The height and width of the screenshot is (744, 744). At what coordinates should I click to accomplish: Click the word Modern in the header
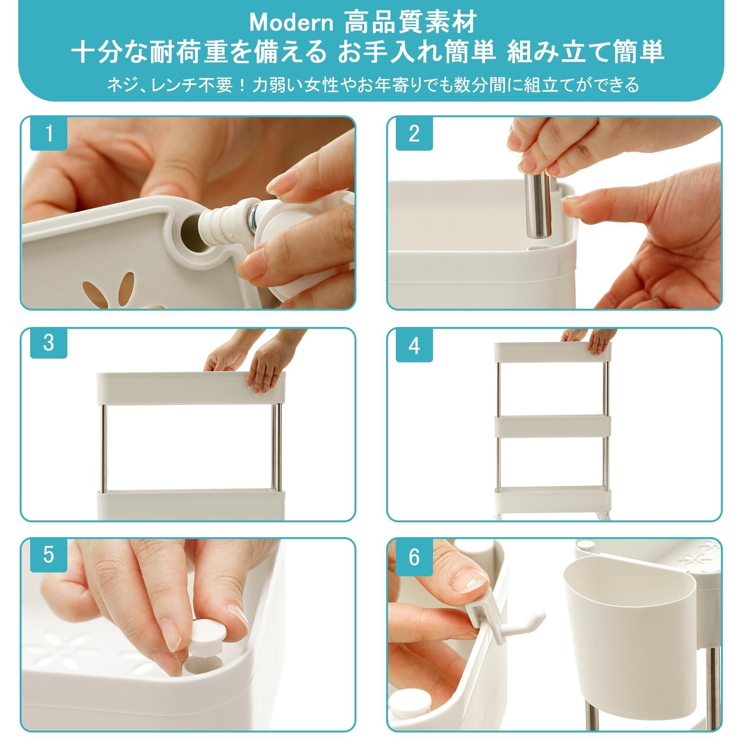pyautogui.click(x=292, y=23)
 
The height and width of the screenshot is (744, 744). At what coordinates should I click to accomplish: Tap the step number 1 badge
pyautogui.click(x=48, y=133)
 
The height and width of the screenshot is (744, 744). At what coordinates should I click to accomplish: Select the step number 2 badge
pyautogui.click(x=414, y=133)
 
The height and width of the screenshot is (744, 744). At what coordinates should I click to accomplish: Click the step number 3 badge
pyautogui.click(x=48, y=343)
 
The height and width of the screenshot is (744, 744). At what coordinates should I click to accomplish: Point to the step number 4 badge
pyautogui.click(x=414, y=346)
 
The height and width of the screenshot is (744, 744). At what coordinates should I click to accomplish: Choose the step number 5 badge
pyautogui.click(x=48, y=555)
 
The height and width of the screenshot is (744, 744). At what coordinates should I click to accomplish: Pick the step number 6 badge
pyautogui.click(x=414, y=557)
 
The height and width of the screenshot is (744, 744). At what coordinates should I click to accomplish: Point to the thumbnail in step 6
pyautogui.click(x=468, y=580)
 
